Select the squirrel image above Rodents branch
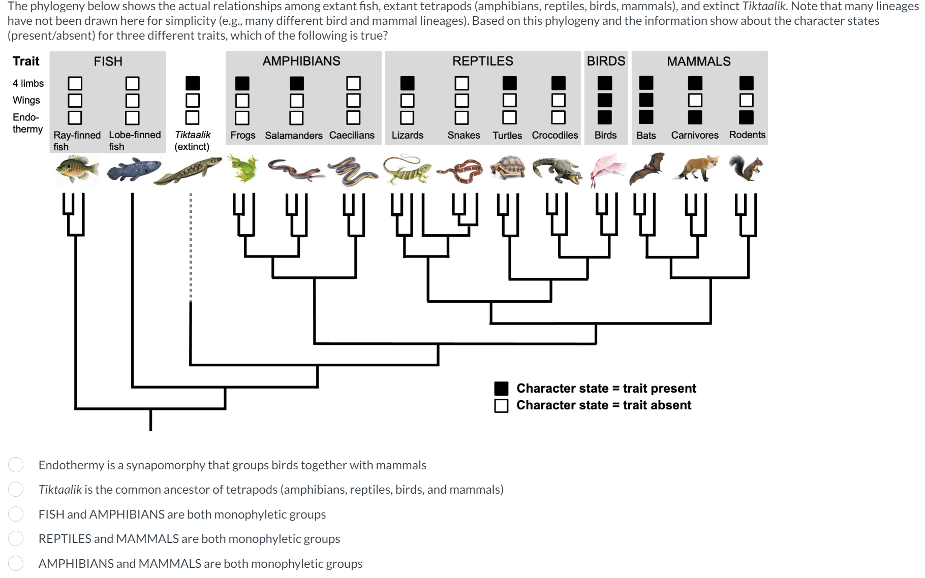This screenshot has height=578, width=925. click(x=746, y=168)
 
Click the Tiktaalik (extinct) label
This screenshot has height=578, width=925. click(x=192, y=141)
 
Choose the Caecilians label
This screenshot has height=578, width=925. click(x=352, y=135)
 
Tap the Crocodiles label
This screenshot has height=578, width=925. click(x=554, y=135)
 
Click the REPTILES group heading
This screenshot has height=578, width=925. click(x=482, y=61)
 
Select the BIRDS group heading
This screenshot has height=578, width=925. click(x=606, y=61)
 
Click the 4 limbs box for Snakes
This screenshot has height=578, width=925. click(x=461, y=83)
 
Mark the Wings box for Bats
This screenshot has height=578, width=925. click(x=646, y=100)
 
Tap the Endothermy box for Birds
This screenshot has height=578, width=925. click(x=605, y=117)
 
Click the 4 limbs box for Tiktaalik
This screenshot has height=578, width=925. click(x=193, y=83)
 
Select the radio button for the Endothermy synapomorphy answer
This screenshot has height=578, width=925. click(x=16, y=465)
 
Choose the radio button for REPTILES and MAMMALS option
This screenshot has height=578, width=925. click(x=16, y=538)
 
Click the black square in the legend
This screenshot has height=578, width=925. click(x=501, y=389)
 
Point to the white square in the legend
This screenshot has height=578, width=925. click(x=501, y=405)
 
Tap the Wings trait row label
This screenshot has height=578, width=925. click(x=26, y=100)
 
